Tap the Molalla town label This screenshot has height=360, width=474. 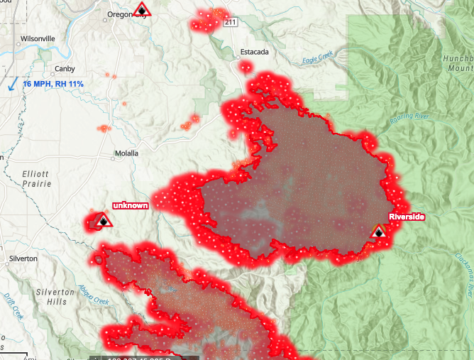click(x=126, y=153)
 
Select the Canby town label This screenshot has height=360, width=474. click(x=65, y=69)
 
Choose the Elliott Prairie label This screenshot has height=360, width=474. click(x=36, y=178)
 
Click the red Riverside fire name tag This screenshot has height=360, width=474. click(x=406, y=216)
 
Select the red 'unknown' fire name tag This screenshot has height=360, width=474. click(x=131, y=205)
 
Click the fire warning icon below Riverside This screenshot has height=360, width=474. click(x=378, y=231)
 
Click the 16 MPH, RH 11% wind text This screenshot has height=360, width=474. click(x=53, y=84)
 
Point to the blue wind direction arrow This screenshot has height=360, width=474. click(x=13, y=83)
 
